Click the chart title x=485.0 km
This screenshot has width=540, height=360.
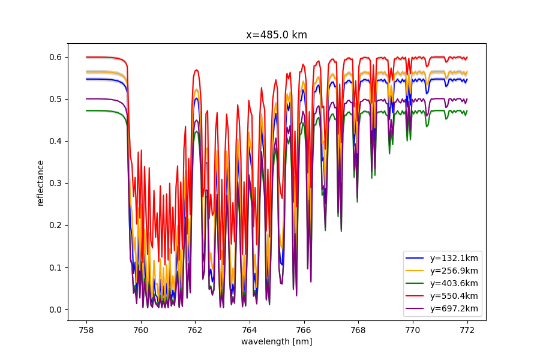tap(277, 35)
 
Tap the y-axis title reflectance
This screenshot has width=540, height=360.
tap(41, 183)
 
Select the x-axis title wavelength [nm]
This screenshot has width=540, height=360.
tap(277, 341)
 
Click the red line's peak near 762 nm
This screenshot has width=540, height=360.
tap(196, 70)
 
